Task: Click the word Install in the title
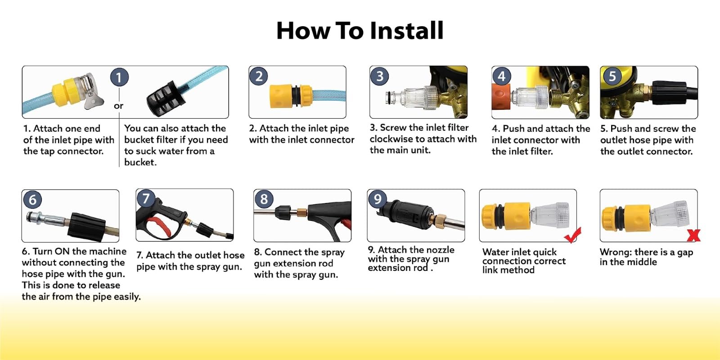click(x=407, y=31)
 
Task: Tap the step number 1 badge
click(x=119, y=77)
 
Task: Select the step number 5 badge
click(x=612, y=76)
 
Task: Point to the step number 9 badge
click(x=378, y=198)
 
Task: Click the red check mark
click(x=572, y=235)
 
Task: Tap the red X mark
click(x=693, y=235)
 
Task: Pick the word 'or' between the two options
click(x=119, y=106)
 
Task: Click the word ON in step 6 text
click(x=62, y=251)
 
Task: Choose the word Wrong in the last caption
click(x=615, y=252)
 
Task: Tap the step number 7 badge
click(x=146, y=198)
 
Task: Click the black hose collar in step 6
click(x=87, y=227)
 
